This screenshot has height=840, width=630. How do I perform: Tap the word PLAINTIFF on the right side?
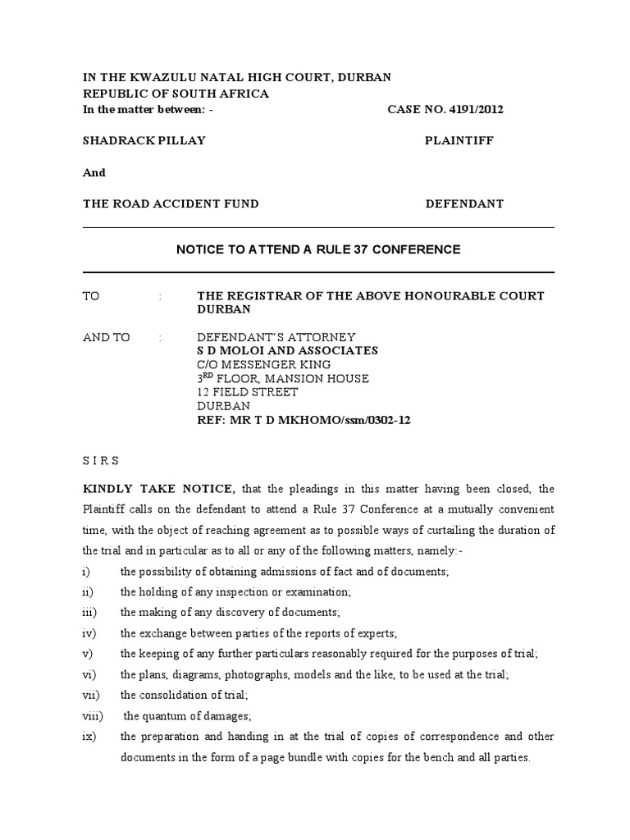pos(459,140)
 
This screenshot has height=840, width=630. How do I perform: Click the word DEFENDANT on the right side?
pos(464,203)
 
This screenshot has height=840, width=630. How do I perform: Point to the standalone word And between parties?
pos(94,172)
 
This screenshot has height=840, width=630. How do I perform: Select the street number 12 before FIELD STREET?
pos(203,392)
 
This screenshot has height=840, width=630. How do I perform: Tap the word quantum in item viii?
pos(167,716)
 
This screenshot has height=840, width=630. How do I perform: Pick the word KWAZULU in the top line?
pos(153,77)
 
